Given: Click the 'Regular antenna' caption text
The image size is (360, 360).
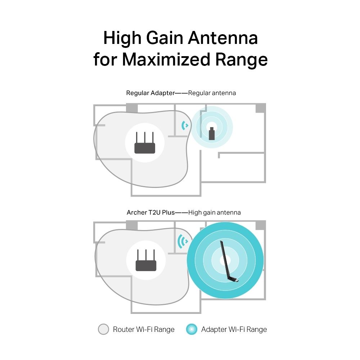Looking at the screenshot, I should [x=212, y=93].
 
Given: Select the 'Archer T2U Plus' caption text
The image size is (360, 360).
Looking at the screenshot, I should [x=150, y=212].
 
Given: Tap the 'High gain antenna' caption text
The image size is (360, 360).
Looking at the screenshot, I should [x=214, y=212].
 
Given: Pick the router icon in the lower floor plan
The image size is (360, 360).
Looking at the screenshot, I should [x=146, y=261].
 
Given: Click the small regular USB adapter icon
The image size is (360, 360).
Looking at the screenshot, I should [x=212, y=133].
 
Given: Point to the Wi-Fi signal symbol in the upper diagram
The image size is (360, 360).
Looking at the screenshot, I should [x=185, y=125].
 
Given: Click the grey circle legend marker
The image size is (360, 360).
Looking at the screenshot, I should [x=103, y=329].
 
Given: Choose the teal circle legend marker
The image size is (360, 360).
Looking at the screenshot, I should [x=192, y=329].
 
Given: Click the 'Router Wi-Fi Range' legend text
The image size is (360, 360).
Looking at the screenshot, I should [x=144, y=329].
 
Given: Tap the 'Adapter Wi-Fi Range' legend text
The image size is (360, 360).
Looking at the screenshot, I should [x=234, y=329].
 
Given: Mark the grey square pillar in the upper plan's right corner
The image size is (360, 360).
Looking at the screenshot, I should [x=260, y=108].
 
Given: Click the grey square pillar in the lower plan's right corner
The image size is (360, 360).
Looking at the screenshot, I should [x=260, y=225].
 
